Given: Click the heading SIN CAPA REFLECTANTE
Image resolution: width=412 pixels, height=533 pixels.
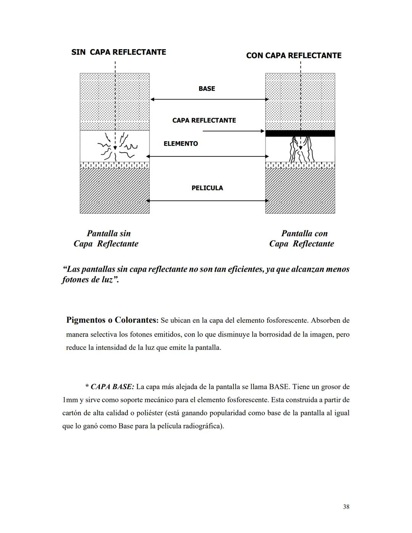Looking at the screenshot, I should tap(119, 52).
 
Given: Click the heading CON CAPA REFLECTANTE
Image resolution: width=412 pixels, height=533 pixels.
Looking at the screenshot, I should tap(294, 56).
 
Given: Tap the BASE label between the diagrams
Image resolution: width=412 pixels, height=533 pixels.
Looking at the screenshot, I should tap(207, 89).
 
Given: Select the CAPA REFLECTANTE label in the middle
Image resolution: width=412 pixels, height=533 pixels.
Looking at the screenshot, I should tap(204, 121).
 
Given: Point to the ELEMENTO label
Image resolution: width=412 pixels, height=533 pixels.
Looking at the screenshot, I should tap(181, 144).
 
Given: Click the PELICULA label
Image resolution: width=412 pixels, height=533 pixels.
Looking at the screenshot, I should tap(207, 188).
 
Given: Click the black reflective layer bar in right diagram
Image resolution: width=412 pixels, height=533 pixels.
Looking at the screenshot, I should tap(300, 134).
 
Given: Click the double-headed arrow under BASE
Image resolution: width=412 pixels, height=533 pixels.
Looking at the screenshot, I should tap(209, 99).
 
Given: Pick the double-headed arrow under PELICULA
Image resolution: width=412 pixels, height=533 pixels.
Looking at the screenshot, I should tap(207, 201).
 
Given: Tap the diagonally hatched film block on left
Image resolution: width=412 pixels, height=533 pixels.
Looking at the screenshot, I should tap(114, 191).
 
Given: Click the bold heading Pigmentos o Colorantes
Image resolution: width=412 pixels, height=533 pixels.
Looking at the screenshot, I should tap(112, 320).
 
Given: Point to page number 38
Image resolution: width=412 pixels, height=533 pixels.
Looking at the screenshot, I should tap(346, 507).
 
